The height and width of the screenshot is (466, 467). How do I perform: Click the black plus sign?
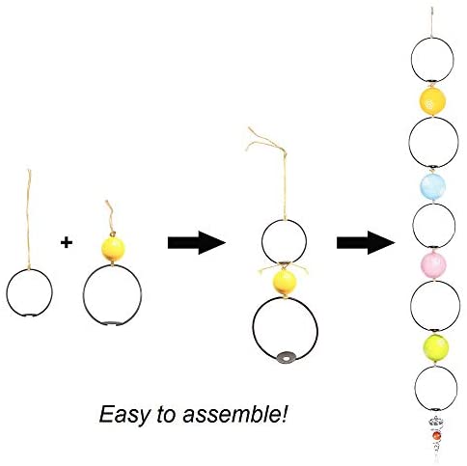(x=67, y=242)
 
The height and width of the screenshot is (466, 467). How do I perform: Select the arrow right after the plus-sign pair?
(x=197, y=243)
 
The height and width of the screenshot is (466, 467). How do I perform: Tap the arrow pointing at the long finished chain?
(x=366, y=243)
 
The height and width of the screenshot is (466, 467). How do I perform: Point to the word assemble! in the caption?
(x=234, y=414)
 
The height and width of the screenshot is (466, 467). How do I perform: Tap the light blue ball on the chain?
(x=433, y=186)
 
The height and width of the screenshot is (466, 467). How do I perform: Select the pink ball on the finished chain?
(x=433, y=265)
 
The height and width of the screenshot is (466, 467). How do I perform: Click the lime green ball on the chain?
(x=435, y=348)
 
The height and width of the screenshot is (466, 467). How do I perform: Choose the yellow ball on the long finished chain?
(x=432, y=100)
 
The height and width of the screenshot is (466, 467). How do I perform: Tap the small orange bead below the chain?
(x=436, y=436)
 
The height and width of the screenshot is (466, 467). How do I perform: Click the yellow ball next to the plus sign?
(x=113, y=249)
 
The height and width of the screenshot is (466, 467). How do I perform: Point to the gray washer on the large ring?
(x=286, y=357)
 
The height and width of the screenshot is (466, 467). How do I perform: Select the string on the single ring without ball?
(x=29, y=220)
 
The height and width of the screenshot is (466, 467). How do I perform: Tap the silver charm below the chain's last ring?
(x=436, y=422)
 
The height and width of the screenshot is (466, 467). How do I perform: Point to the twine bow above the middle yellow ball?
(x=283, y=268)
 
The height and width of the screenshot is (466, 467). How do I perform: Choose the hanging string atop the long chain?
(x=433, y=22)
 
